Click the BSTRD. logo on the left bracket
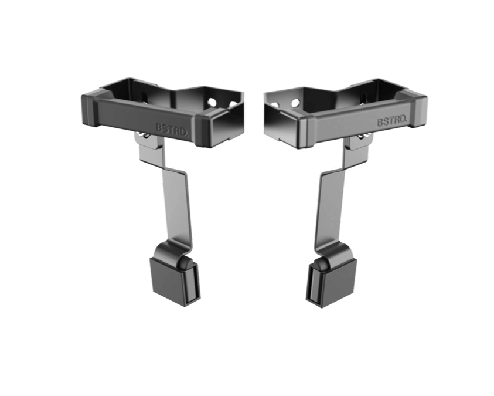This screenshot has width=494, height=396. pos(172,129)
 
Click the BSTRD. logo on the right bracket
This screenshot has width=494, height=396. pos(392,121)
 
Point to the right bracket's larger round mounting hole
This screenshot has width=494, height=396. pos(295,102)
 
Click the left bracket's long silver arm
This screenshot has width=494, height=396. pos(176,205)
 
